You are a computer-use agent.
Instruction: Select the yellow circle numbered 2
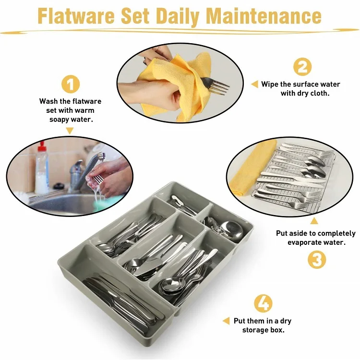302,67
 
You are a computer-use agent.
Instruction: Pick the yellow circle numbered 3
316,260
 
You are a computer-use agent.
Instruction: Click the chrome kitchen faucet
79,170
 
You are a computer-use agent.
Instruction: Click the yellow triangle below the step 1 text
70,131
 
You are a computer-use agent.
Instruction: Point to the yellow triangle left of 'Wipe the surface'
254,84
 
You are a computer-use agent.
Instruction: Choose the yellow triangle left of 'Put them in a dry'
226,321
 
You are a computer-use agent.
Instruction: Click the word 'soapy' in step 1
60,119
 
